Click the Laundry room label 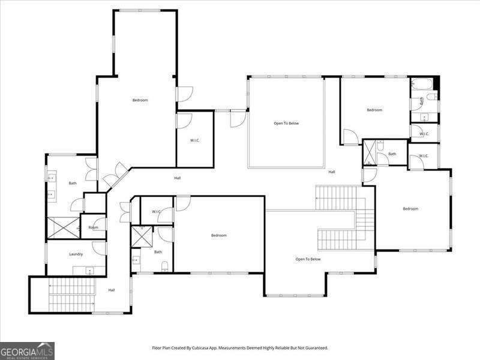point(76,254)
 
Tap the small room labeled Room point(93,227)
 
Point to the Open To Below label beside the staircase point(308,259)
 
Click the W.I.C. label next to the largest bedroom point(194,140)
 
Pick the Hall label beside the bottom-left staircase point(112,290)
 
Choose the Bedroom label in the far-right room point(410,209)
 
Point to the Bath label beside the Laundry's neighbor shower point(73,183)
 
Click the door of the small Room point(100,225)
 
